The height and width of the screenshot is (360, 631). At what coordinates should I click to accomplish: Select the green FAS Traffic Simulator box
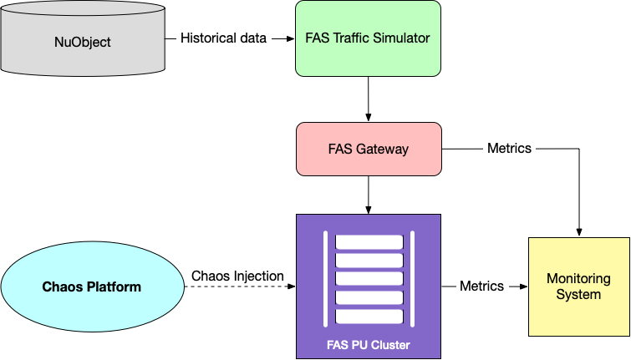pos(368,38)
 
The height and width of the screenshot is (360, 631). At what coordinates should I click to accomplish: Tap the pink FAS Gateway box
pos(368,150)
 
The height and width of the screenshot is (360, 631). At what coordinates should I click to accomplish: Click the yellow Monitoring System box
pos(578,286)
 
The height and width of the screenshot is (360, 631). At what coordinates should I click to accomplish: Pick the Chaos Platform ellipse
pos(91,286)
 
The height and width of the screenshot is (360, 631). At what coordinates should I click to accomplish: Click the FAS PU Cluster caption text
pos(368,345)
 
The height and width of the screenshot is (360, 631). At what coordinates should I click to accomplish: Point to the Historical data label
pos(223,38)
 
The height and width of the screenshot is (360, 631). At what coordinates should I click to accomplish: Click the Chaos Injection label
pos(237,276)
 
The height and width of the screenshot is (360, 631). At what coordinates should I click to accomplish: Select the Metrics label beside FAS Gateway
pos(509,149)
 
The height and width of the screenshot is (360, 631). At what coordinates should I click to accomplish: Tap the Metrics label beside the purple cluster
pos(482,286)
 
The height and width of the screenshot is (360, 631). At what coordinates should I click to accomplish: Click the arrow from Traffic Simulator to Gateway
pos(368,99)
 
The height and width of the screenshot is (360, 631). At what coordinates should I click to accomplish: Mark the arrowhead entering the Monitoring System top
pos(578,231)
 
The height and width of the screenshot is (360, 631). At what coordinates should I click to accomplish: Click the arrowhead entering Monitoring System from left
pos(523,286)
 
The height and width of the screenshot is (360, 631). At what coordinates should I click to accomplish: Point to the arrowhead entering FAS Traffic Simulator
pos(290,38)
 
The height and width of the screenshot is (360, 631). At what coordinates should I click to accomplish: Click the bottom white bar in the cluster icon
pos(369,317)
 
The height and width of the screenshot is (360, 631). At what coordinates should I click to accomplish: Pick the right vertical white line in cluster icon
pos(412,279)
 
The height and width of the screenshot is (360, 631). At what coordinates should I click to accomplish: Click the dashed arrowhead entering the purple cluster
pos(292,286)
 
